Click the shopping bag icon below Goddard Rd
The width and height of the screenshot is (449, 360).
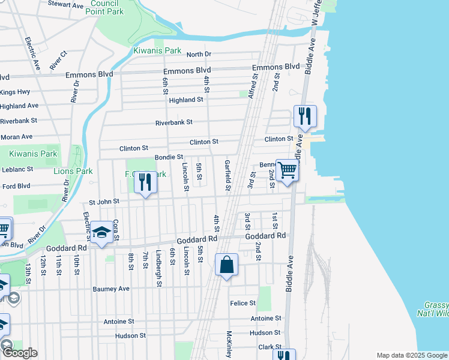coord(226,265)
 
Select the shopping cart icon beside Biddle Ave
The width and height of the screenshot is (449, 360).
coord(288,170)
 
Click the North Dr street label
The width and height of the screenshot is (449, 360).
coord(199,54)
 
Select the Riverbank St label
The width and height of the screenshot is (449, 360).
coord(173,122)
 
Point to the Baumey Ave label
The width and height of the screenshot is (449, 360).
coord(111,289)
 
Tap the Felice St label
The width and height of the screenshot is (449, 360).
coord(243,303)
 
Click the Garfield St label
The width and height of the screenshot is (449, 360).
coord(228,175)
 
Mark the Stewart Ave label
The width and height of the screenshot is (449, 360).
coord(66,5)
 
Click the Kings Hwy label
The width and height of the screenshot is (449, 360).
coord(15,92)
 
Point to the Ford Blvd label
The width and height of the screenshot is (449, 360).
coord(16,186)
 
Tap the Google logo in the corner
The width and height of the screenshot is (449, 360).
coord(20,353)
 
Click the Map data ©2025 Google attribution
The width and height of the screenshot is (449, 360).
coord(411,355)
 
